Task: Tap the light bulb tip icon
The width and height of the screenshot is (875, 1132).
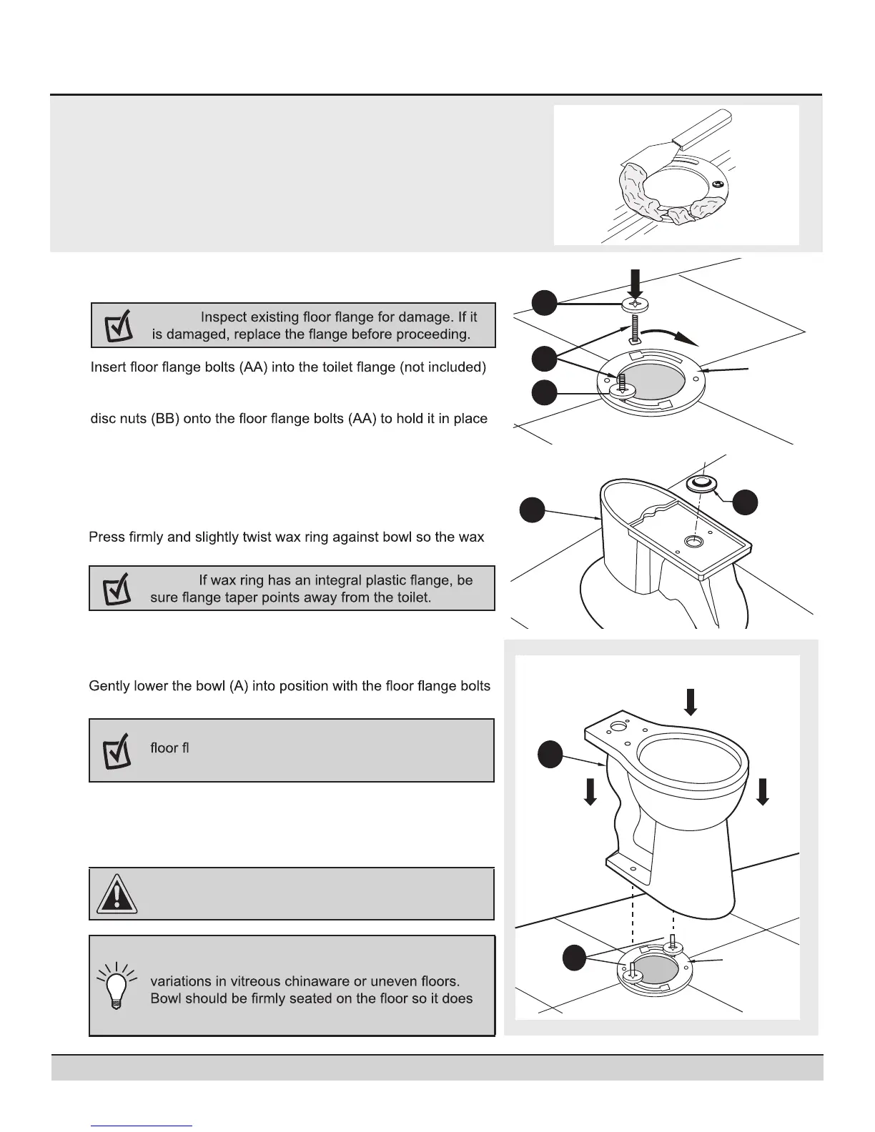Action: click(x=114, y=985)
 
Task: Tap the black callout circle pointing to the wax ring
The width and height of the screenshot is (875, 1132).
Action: click(x=746, y=501)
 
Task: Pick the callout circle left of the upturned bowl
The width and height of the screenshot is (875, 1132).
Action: click(x=533, y=510)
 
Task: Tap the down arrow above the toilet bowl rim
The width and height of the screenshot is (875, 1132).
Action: click(x=690, y=701)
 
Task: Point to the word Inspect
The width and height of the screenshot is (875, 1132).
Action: click(x=225, y=317)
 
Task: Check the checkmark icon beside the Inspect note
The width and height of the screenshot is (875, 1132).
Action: click(x=118, y=326)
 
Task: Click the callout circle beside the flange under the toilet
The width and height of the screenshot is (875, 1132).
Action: click(x=574, y=958)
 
